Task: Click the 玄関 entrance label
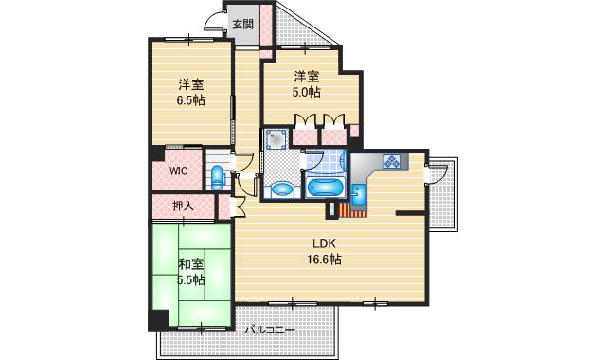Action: [x=242, y=25]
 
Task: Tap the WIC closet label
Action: [x=179, y=171]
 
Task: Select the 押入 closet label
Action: [x=184, y=206]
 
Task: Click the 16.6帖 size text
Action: [x=324, y=260]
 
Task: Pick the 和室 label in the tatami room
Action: [x=189, y=264]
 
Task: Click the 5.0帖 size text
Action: [x=305, y=92]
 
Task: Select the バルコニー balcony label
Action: [x=270, y=331]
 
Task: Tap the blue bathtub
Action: [x=325, y=187]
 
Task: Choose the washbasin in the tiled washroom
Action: [x=282, y=189]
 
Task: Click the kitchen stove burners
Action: [x=391, y=163]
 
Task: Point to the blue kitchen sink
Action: [x=358, y=195]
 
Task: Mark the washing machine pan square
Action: [x=276, y=141]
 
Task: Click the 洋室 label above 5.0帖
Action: [x=305, y=77]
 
